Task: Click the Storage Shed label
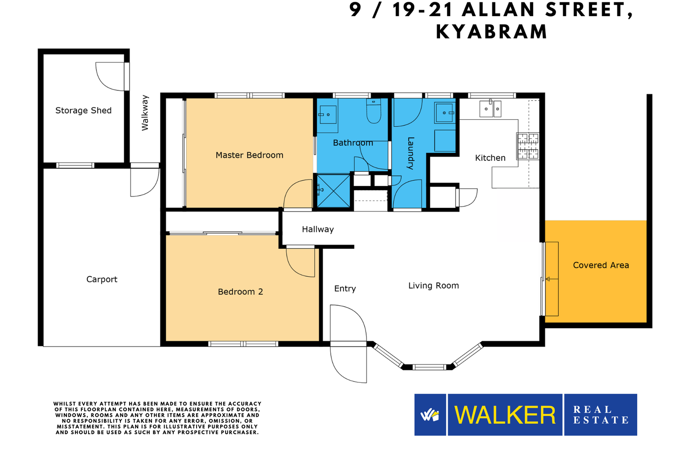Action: [83, 110]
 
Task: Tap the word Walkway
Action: [145, 113]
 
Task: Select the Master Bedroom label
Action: [249, 155]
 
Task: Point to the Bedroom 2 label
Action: [241, 291]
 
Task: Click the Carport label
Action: [102, 280]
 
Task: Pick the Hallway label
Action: [318, 229]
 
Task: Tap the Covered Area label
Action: [601, 265]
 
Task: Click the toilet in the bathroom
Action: [374, 111]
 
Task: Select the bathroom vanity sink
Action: [328, 115]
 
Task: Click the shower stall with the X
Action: [333, 190]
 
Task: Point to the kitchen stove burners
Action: [528, 146]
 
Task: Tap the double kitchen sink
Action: [491, 108]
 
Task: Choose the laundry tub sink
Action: [445, 113]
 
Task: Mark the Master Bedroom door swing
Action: [298, 194]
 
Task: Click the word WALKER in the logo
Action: [505, 415]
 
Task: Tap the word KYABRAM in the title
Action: [492, 32]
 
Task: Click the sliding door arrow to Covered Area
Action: [552, 279]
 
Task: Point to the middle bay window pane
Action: [429, 367]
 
